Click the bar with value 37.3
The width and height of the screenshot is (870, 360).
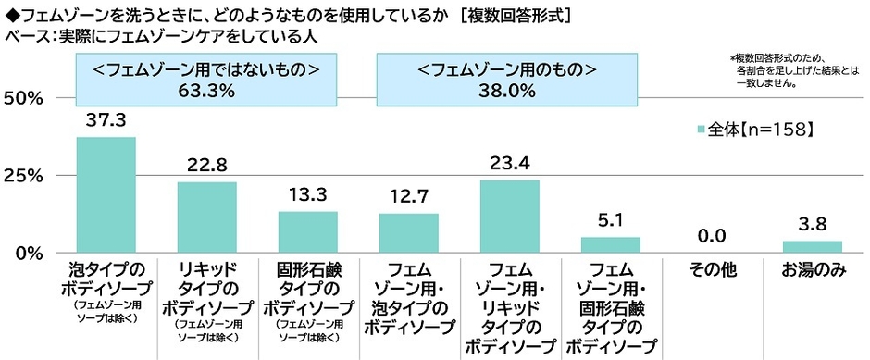(106, 194)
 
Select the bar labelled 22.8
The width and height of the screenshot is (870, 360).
(206, 217)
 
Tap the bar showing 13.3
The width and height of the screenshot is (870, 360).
(307, 231)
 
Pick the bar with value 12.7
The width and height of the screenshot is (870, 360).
(408, 232)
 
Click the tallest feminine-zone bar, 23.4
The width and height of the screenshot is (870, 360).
(509, 216)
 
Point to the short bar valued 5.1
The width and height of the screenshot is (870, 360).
(610, 244)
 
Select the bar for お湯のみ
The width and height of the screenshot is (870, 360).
(812, 246)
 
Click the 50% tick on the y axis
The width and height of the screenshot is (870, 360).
(26, 98)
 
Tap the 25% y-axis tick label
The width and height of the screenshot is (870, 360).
(26, 175)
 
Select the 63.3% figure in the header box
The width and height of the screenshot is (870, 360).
(205, 90)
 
